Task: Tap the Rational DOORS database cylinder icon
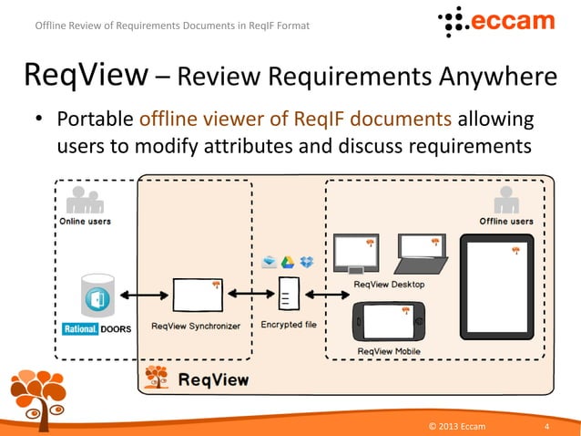(97, 296)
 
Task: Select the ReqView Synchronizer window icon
(196, 295)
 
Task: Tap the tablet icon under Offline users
(496, 277)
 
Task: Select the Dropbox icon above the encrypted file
(307, 263)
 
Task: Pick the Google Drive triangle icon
(288, 263)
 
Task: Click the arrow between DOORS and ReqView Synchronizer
(143, 295)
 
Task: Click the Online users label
(86, 221)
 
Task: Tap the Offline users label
(506, 221)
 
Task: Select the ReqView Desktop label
(389, 285)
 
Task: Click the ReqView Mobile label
(389, 351)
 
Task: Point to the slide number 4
(545, 426)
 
